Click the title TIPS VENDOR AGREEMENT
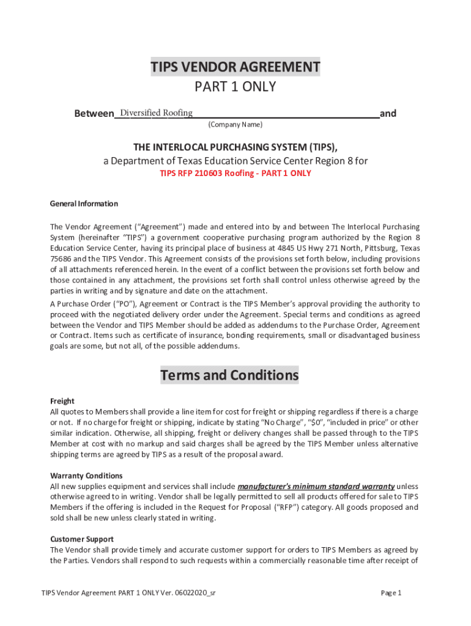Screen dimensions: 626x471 [x=236, y=67]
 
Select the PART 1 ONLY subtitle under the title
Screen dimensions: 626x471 [x=236, y=87]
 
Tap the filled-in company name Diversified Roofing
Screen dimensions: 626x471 [x=157, y=112]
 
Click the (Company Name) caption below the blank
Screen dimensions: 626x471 [x=236, y=125]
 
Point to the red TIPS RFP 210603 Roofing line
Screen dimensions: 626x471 [x=236, y=173]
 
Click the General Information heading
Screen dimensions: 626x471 [x=84, y=204]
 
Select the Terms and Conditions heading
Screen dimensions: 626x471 [x=229, y=375]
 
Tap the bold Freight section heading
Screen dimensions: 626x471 [x=62, y=402]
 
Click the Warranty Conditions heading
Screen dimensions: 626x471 [x=86, y=476]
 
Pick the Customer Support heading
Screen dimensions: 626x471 [x=81, y=539]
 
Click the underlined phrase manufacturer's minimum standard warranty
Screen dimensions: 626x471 [x=316, y=486]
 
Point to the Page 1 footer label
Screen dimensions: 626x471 [x=391, y=593]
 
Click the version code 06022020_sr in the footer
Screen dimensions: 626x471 [x=195, y=593]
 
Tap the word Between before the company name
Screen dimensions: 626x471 [x=94, y=114]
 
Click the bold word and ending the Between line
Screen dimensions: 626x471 [x=388, y=114]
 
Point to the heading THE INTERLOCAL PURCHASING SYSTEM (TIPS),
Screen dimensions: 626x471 [x=236, y=147]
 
